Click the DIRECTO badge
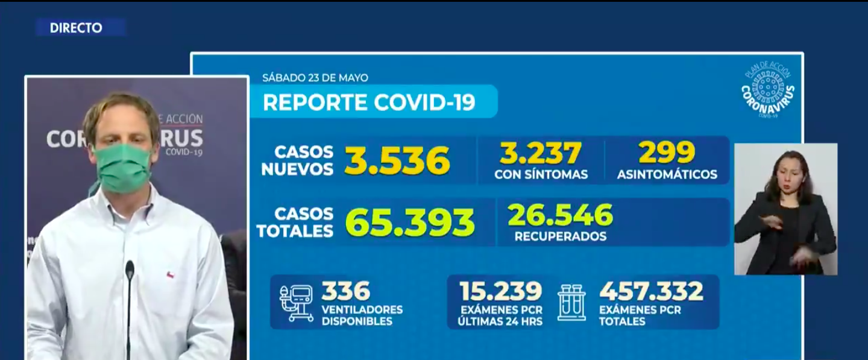coord(77,28)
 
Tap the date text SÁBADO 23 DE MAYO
coord(315,78)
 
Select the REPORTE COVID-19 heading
coord(369,102)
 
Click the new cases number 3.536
coord(397,160)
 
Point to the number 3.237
coord(541,153)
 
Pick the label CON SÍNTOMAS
coord(541,175)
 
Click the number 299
coord(667,153)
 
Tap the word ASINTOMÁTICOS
coord(667,175)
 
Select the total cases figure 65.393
coord(410,223)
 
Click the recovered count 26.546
coord(560,215)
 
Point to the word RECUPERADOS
coord(560,236)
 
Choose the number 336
coord(345,291)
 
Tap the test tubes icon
coord(571,303)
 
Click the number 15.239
coord(500,291)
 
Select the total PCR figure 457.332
coord(651,291)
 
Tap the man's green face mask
coord(122,168)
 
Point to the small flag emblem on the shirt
coord(171,276)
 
